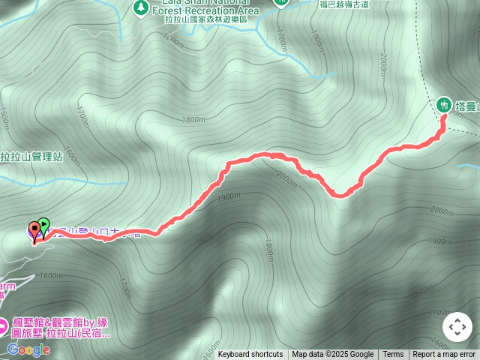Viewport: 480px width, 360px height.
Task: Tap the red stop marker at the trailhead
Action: [x=34, y=229]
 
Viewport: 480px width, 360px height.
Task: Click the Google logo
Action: [x=28, y=349]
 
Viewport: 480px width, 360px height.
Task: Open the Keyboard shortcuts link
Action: [x=250, y=355]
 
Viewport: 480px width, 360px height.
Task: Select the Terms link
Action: [x=393, y=355]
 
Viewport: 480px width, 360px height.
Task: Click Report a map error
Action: [x=444, y=355]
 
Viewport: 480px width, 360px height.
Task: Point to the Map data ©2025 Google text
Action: [x=332, y=355]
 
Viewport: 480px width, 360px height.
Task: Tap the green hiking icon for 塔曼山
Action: [x=444, y=104]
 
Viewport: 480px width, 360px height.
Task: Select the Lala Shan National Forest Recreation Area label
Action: [x=206, y=7]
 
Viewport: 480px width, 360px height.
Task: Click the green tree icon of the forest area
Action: [x=139, y=7]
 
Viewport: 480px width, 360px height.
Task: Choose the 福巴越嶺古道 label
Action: [x=343, y=4]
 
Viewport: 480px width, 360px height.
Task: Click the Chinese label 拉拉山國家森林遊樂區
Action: [x=205, y=20]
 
